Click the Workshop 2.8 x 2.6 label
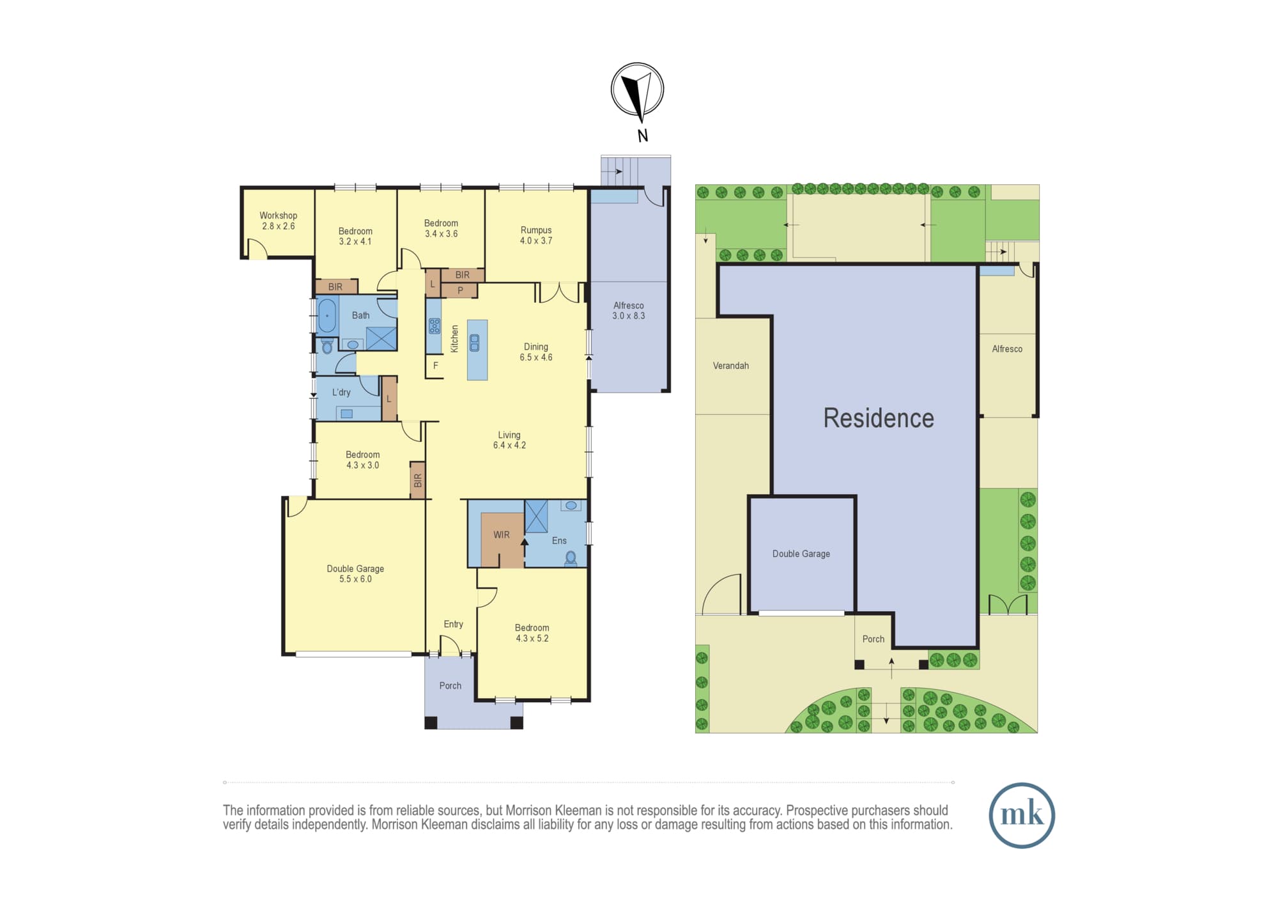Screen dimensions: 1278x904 (278, 221)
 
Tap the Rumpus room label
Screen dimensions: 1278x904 (536, 230)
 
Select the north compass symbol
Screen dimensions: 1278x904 (637, 90)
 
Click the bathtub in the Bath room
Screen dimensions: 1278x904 (327, 315)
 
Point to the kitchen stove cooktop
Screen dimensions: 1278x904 (435, 326)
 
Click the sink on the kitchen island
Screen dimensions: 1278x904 (474, 343)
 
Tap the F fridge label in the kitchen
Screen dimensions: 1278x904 (436, 366)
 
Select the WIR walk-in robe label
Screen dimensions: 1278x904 (502, 534)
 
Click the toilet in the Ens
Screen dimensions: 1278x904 (571, 558)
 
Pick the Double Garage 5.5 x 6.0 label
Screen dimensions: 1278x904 (355, 573)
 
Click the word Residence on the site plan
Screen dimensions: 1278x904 (879, 418)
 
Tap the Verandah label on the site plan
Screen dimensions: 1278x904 (731, 366)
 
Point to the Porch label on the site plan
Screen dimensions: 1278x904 (874, 639)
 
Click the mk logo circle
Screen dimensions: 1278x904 (1022, 815)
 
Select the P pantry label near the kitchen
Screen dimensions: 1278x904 (460, 290)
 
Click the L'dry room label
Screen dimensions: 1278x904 (341, 392)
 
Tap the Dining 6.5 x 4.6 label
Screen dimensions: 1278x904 (536, 352)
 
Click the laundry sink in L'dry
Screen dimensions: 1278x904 (346, 414)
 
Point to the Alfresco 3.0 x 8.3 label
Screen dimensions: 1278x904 (629, 311)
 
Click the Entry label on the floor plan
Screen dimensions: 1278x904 (454, 624)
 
